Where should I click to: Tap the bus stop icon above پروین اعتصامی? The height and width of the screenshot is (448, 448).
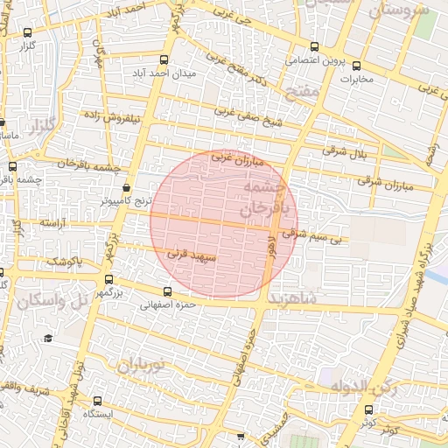[x=315, y=48]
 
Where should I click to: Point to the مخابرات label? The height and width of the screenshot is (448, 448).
[x=356, y=80]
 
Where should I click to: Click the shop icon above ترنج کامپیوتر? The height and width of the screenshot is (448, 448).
[x=127, y=187]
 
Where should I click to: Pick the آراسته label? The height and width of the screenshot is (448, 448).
[x=52, y=224]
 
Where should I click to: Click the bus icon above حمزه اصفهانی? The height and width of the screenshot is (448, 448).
[x=168, y=291]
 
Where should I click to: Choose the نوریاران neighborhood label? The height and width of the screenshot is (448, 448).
[x=142, y=365]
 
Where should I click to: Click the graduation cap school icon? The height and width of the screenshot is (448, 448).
[x=47, y=338]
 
